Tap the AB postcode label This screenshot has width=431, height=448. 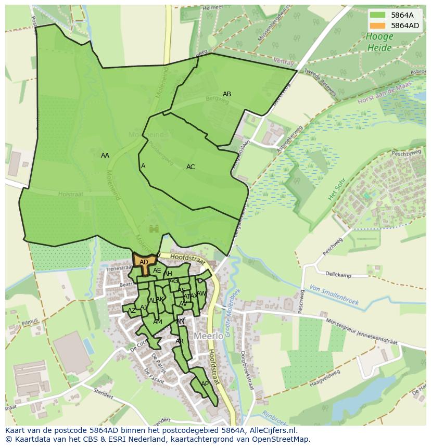click(227, 94)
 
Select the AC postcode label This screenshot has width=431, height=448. click(191, 167)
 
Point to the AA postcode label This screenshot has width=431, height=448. click(105, 156)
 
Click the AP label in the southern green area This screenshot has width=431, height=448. click(205, 384)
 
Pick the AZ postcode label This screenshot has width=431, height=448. click(132, 311)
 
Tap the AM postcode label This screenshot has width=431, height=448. click(158, 322)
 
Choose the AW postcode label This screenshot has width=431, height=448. click(201, 293)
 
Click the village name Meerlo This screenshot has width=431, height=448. click(209, 336)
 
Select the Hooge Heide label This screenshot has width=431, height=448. click(379, 42)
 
